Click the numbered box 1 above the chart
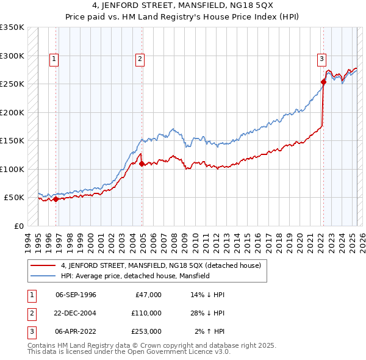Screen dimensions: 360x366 (x=54, y=59)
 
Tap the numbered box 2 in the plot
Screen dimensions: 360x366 (x=140, y=59)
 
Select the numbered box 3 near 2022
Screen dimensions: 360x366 (x=321, y=59)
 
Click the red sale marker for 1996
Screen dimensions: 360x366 (x=56, y=199)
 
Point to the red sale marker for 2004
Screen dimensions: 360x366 (x=142, y=164)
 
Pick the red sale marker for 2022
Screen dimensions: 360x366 (x=323, y=82)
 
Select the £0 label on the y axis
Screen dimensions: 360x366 (x=18, y=226)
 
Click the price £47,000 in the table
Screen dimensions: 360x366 (x=148, y=295)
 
